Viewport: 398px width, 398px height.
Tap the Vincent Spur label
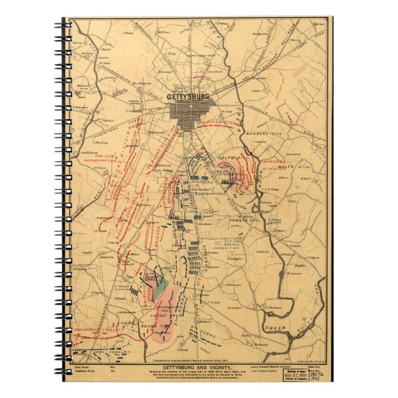pyautogui.click(x=163, y=314)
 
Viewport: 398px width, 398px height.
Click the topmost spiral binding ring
pyautogui.click(x=66, y=23)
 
